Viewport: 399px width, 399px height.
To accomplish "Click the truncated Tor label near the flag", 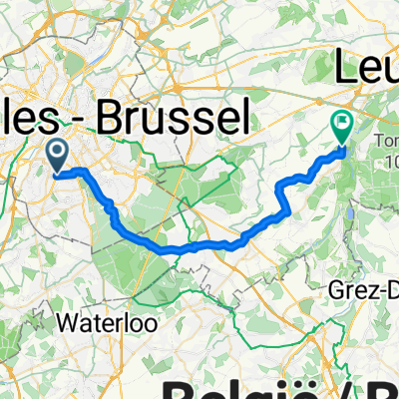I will coord(384,140).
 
